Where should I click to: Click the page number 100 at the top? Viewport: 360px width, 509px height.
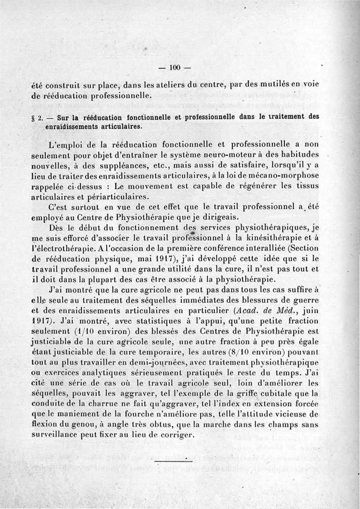point(175,68)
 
